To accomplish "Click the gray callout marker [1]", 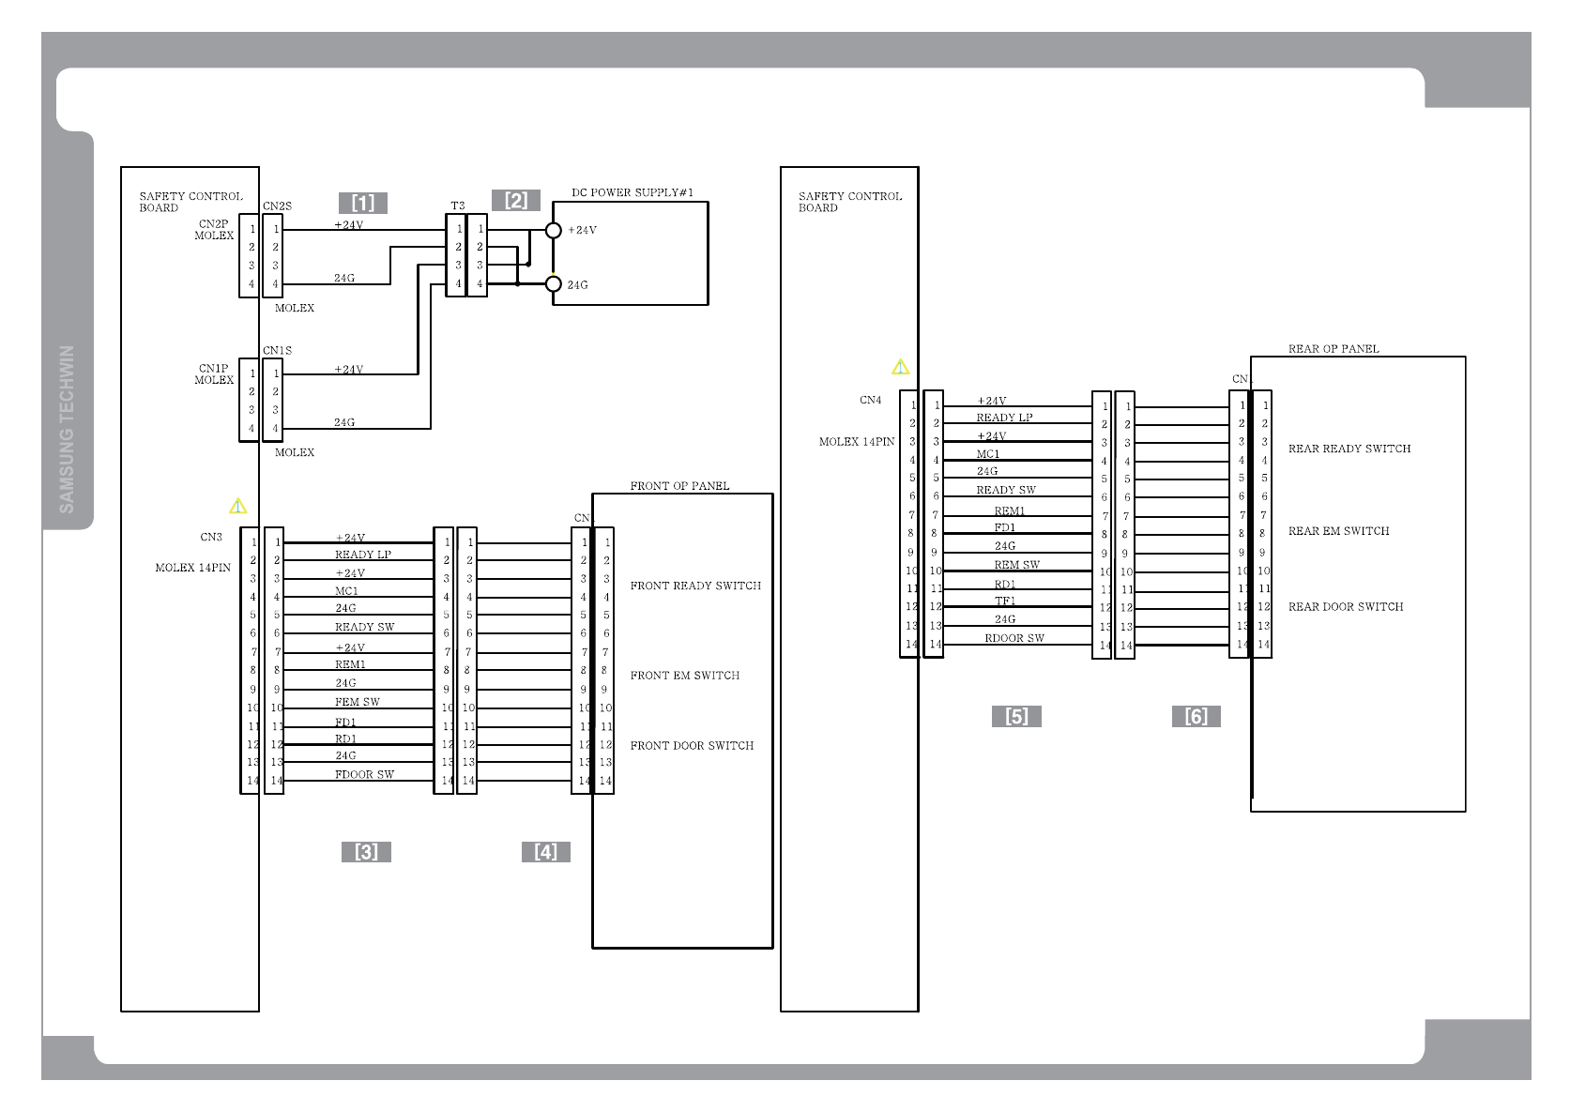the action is pyautogui.click(x=363, y=203).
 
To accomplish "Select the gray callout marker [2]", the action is pyautogui.click(x=516, y=200).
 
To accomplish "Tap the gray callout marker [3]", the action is pyautogui.click(x=366, y=851).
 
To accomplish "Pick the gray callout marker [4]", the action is pyautogui.click(x=546, y=851).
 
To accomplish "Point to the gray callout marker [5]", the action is pyautogui.click(x=1016, y=716).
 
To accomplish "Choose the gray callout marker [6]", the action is pyautogui.click(x=1197, y=716).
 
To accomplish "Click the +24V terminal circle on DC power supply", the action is pyautogui.click(x=554, y=230).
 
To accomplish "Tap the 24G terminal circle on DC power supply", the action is pyautogui.click(x=554, y=283).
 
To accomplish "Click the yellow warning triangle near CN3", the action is pyautogui.click(x=238, y=507).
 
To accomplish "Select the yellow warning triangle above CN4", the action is pyautogui.click(x=901, y=367).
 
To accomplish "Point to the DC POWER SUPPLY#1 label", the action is pyautogui.click(x=633, y=192).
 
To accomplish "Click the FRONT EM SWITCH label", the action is pyautogui.click(x=684, y=675).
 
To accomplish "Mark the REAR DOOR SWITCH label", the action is pyautogui.click(x=1346, y=606).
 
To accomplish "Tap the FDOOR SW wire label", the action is pyautogui.click(x=364, y=774).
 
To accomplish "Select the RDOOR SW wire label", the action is pyautogui.click(x=1014, y=638).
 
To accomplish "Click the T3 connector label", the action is pyautogui.click(x=457, y=205).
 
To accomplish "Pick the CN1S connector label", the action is pyautogui.click(x=277, y=350).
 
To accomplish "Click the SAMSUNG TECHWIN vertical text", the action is pyautogui.click(x=67, y=429).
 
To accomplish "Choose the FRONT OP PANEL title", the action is pyautogui.click(x=679, y=485).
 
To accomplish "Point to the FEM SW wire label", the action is pyautogui.click(x=358, y=702).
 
